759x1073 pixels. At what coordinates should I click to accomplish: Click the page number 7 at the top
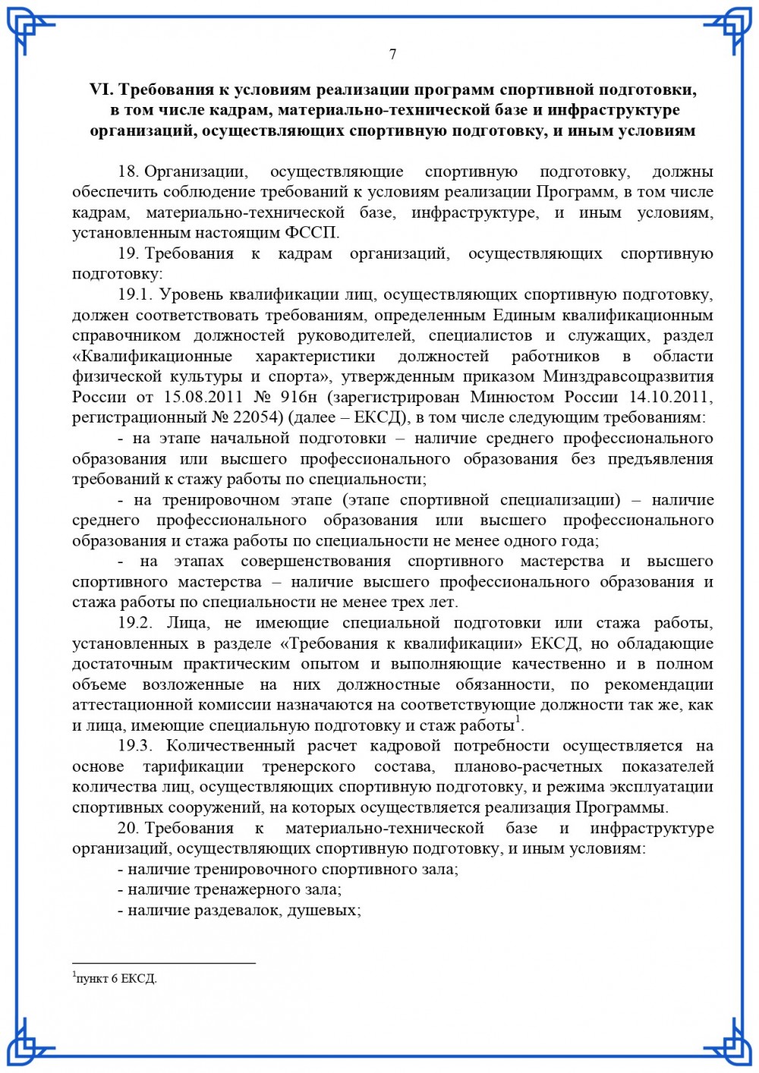pyautogui.click(x=392, y=54)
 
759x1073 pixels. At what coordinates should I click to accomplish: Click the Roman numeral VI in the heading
pyautogui.click(x=100, y=90)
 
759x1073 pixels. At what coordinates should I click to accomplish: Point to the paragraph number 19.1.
pyautogui.click(x=135, y=295)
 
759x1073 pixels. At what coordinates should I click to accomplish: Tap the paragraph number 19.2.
pyautogui.click(x=135, y=623)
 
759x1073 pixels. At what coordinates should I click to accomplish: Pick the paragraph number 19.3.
pyautogui.click(x=135, y=746)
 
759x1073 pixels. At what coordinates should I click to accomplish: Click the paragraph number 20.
pyautogui.click(x=127, y=828)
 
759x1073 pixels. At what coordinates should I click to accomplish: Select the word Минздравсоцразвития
pyautogui.click(x=628, y=376)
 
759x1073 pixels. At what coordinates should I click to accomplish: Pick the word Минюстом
pyautogui.click(x=509, y=397)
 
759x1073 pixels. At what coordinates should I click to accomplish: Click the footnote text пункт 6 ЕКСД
pyautogui.click(x=116, y=979)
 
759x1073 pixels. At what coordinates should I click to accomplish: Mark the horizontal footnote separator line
pyautogui.click(x=163, y=964)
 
